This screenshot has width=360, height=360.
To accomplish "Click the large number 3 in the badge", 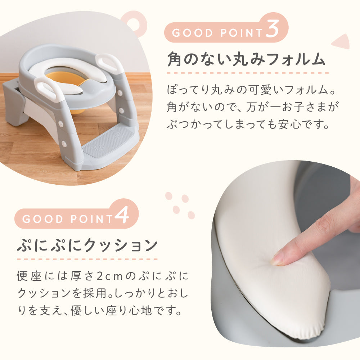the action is pos(273,28).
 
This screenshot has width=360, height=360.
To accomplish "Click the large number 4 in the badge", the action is pos(122,215).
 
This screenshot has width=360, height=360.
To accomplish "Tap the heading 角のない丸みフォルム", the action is pos(246,59).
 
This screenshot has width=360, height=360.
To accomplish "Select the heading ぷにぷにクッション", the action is pos(87,245).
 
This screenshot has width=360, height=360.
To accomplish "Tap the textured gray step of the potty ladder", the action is pos(108,142).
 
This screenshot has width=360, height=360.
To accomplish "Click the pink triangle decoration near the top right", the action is pos(341,41).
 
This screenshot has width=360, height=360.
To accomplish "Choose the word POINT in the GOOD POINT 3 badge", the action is pos(241,33).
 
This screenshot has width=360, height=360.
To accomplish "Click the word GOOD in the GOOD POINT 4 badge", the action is pos(42,219).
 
